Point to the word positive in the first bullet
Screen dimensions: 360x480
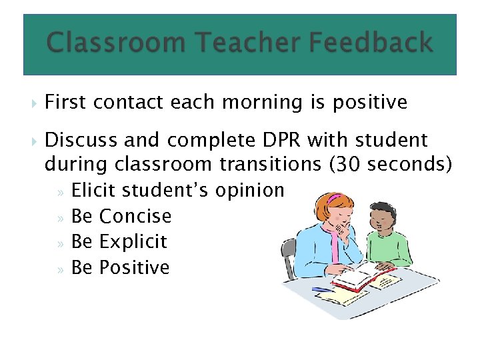click(x=369, y=103)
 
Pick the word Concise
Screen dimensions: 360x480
click(x=135, y=217)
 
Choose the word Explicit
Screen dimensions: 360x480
click(x=133, y=242)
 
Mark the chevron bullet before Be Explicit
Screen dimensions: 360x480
click(x=61, y=243)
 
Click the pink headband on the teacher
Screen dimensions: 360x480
click(x=334, y=198)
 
